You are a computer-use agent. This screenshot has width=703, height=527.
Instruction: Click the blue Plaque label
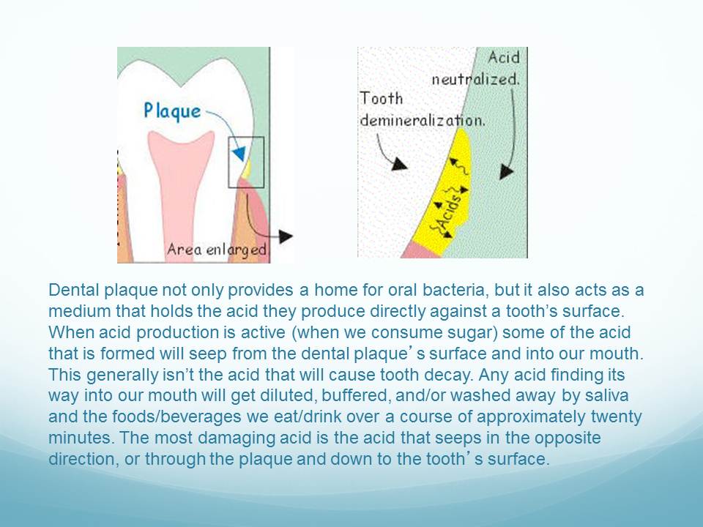(x=172, y=111)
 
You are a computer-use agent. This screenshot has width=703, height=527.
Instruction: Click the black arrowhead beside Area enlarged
(x=286, y=236)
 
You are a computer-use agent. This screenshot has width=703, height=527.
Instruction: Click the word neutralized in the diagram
(x=475, y=80)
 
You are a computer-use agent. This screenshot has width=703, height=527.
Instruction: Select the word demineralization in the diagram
(x=423, y=121)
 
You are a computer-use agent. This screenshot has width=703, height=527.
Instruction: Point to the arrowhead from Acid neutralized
(x=506, y=171)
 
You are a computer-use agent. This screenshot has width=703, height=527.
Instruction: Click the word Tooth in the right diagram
(x=381, y=99)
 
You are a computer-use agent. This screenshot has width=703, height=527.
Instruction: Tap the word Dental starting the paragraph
(x=74, y=290)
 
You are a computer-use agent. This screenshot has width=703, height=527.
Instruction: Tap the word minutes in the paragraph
(x=79, y=438)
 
